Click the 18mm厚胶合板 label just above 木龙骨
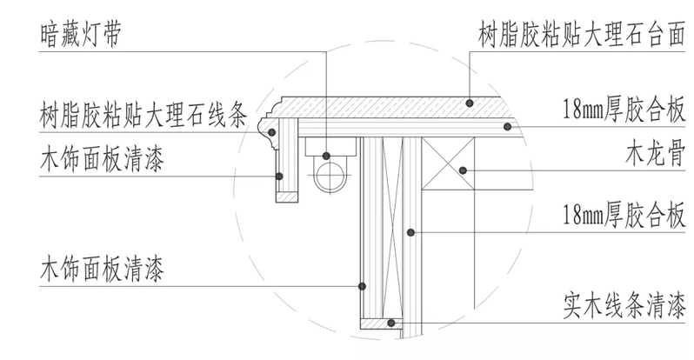coord(624,113)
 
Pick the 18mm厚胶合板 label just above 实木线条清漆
coord(624,213)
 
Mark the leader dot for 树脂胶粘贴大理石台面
coord(470,103)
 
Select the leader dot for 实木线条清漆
coord(393,323)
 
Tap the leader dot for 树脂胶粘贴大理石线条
coord(272,131)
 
